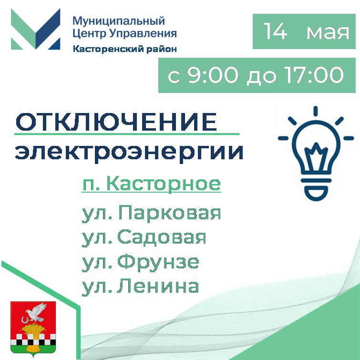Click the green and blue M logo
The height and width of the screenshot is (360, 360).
(x=36, y=29)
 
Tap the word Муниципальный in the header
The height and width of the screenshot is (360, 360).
(x=119, y=21)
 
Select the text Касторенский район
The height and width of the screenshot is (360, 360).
(x=125, y=49)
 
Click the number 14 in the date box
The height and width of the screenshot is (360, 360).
(x=275, y=31)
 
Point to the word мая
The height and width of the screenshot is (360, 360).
(x=328, y=33)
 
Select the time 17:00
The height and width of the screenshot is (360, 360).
(x=314, y=75)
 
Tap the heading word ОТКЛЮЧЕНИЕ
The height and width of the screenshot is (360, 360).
(x=116, y=122)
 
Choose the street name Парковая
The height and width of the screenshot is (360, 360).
(x=169, y=213)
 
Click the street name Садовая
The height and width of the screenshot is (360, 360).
(x=162, y=238)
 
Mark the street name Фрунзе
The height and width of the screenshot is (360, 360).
(x=158, y=262)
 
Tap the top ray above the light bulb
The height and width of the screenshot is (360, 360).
(x=316, y=111)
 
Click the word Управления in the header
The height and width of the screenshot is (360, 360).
(x=143, y=33)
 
